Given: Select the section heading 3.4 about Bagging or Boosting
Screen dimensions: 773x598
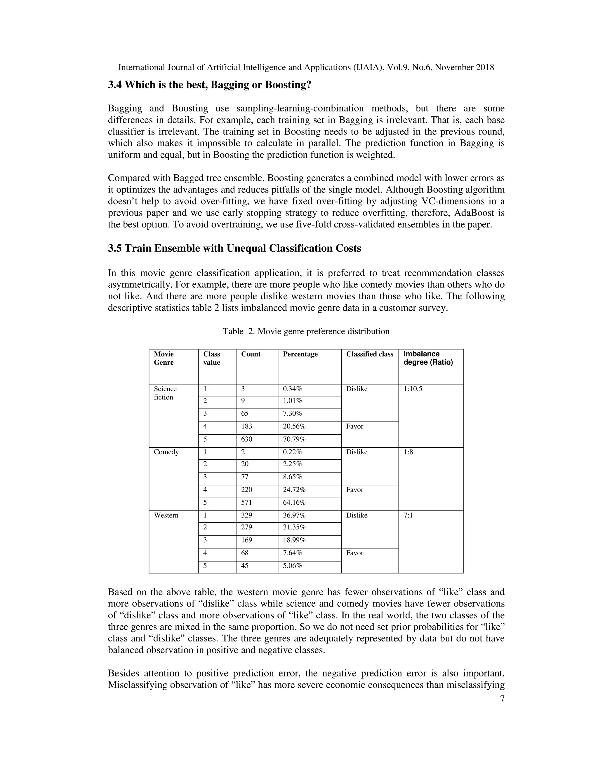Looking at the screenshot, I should [209, 85].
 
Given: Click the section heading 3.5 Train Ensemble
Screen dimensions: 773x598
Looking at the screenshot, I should [234, 249].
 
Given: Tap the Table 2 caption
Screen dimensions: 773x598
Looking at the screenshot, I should [306, 331].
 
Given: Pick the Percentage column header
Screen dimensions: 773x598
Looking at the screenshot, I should [300, 354].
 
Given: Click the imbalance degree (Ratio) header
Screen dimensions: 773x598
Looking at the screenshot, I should [428, 358].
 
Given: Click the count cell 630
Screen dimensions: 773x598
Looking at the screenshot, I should [246, 439].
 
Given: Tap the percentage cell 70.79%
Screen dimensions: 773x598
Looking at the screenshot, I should [294, 439].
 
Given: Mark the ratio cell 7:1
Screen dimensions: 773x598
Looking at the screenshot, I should [408, 515].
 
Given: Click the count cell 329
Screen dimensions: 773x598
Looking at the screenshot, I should [246, 515].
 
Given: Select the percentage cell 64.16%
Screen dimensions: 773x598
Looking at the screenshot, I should [294, 503].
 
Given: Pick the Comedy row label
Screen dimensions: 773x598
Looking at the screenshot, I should [166, 452].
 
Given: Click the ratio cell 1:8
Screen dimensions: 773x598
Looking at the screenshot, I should [408, 452].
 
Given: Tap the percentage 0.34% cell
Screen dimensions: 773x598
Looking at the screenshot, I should [292, 389].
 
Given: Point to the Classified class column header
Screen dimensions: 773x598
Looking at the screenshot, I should [369, 354].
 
